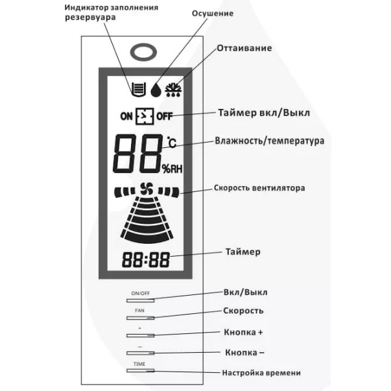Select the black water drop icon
click(156, 89)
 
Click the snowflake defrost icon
click(174, 89)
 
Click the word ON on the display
click(126, 117)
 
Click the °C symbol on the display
click(171, 142)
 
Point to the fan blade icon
click(144, 190)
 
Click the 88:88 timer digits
click(145, 261)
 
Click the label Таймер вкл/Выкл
click(265, 112)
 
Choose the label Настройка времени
click(261, 373)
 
